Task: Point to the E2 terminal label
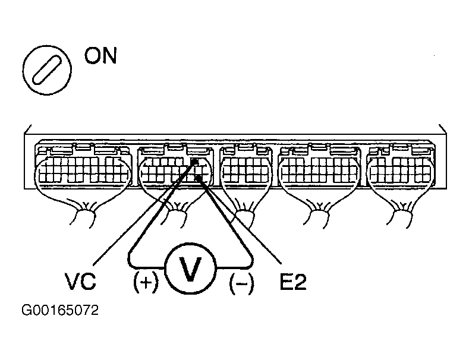292,282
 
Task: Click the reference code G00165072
59,311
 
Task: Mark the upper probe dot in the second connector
195,161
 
